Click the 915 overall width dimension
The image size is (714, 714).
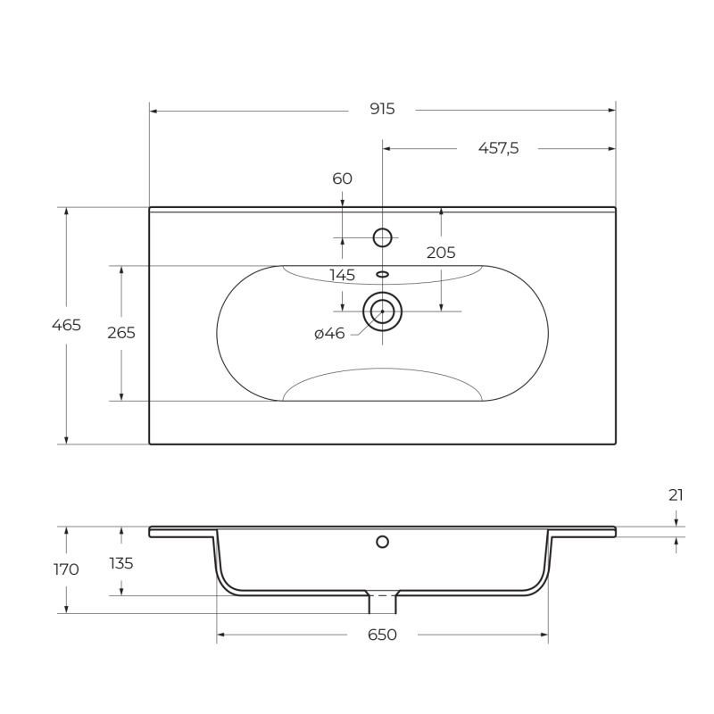382,109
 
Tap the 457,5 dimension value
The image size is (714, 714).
498,148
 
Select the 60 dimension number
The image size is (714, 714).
342,178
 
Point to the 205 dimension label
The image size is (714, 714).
441,253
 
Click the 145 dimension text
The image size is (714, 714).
342,275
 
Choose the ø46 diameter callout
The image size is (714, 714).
329,333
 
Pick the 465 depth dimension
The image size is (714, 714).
66,325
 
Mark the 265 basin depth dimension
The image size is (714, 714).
121,333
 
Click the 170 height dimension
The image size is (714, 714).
66,569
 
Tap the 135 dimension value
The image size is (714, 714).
121,563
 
